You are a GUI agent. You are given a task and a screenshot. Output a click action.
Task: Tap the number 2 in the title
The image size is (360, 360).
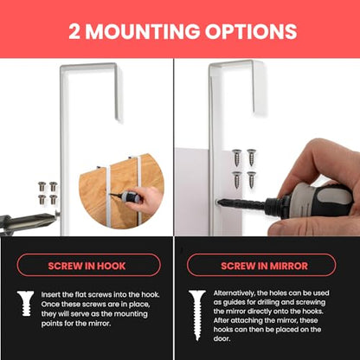pyautogui.click(x=74, y=31)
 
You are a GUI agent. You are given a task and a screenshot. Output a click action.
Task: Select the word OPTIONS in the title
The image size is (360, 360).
pyautogui.click(x=251, y=31)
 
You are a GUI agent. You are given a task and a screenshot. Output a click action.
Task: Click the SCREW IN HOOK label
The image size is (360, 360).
pyautogui.click(x=87, y=266)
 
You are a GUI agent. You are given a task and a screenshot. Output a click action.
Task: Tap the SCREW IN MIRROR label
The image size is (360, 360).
pyautogui.click(x=264, y=266)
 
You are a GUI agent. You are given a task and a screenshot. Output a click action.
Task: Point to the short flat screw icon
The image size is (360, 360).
pyautogui.click(x=26, y=303)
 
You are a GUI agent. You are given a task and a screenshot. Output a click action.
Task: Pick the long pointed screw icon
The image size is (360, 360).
pyautogui.click(x=197, y=315)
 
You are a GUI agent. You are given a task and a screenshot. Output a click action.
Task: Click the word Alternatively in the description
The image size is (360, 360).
pyautogui.click(x=235, y=293)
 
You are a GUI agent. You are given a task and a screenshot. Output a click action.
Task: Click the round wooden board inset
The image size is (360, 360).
pyautogui.click(x=121, y=191)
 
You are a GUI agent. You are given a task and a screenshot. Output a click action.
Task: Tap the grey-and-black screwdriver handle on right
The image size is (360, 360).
pyautogui.click(x=313, y=201)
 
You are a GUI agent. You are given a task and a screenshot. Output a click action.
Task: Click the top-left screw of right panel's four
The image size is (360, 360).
pyautogui.click(x=236, y=157)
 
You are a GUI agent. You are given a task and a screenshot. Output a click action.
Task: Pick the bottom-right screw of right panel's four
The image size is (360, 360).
pyautogui.click(x=251, y=180)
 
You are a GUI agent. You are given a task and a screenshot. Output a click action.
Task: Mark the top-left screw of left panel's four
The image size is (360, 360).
pyautogui.click(x=42, y=186)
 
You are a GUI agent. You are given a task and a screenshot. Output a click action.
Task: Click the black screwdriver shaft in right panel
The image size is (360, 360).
pyautogui.click(x=241, y=203)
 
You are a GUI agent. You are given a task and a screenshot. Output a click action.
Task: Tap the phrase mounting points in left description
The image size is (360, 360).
pyautogui.click(x=125, y=314)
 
